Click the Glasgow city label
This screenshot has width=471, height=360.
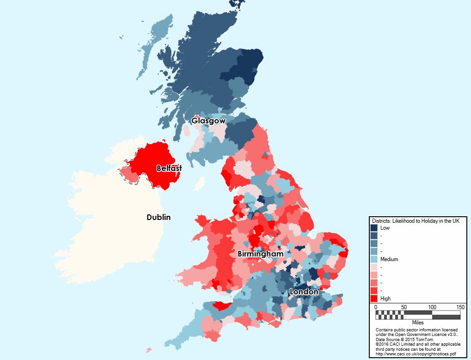[208, 121]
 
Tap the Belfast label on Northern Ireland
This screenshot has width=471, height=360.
[169, 169]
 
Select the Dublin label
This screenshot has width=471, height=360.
[159, 217]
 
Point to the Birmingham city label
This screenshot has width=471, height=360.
[260, 254]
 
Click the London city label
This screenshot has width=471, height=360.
[304, 292]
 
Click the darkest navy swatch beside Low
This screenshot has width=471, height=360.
[374, 228]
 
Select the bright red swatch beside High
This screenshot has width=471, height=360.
[374, 299]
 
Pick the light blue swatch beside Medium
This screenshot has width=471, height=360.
[374, 259]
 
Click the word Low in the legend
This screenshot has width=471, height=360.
[385, 228]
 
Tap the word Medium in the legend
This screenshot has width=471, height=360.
[389, 259]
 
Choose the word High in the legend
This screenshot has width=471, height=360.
[385, 299]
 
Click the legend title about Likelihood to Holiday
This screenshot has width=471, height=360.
[416, 221]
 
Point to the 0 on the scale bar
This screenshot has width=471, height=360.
[375, 307]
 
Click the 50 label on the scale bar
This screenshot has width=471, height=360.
[404, 307]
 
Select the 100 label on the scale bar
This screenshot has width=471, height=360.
[432, 307]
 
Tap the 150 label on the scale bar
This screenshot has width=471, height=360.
[460, 307]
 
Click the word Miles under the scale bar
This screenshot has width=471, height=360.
[418, 322]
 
